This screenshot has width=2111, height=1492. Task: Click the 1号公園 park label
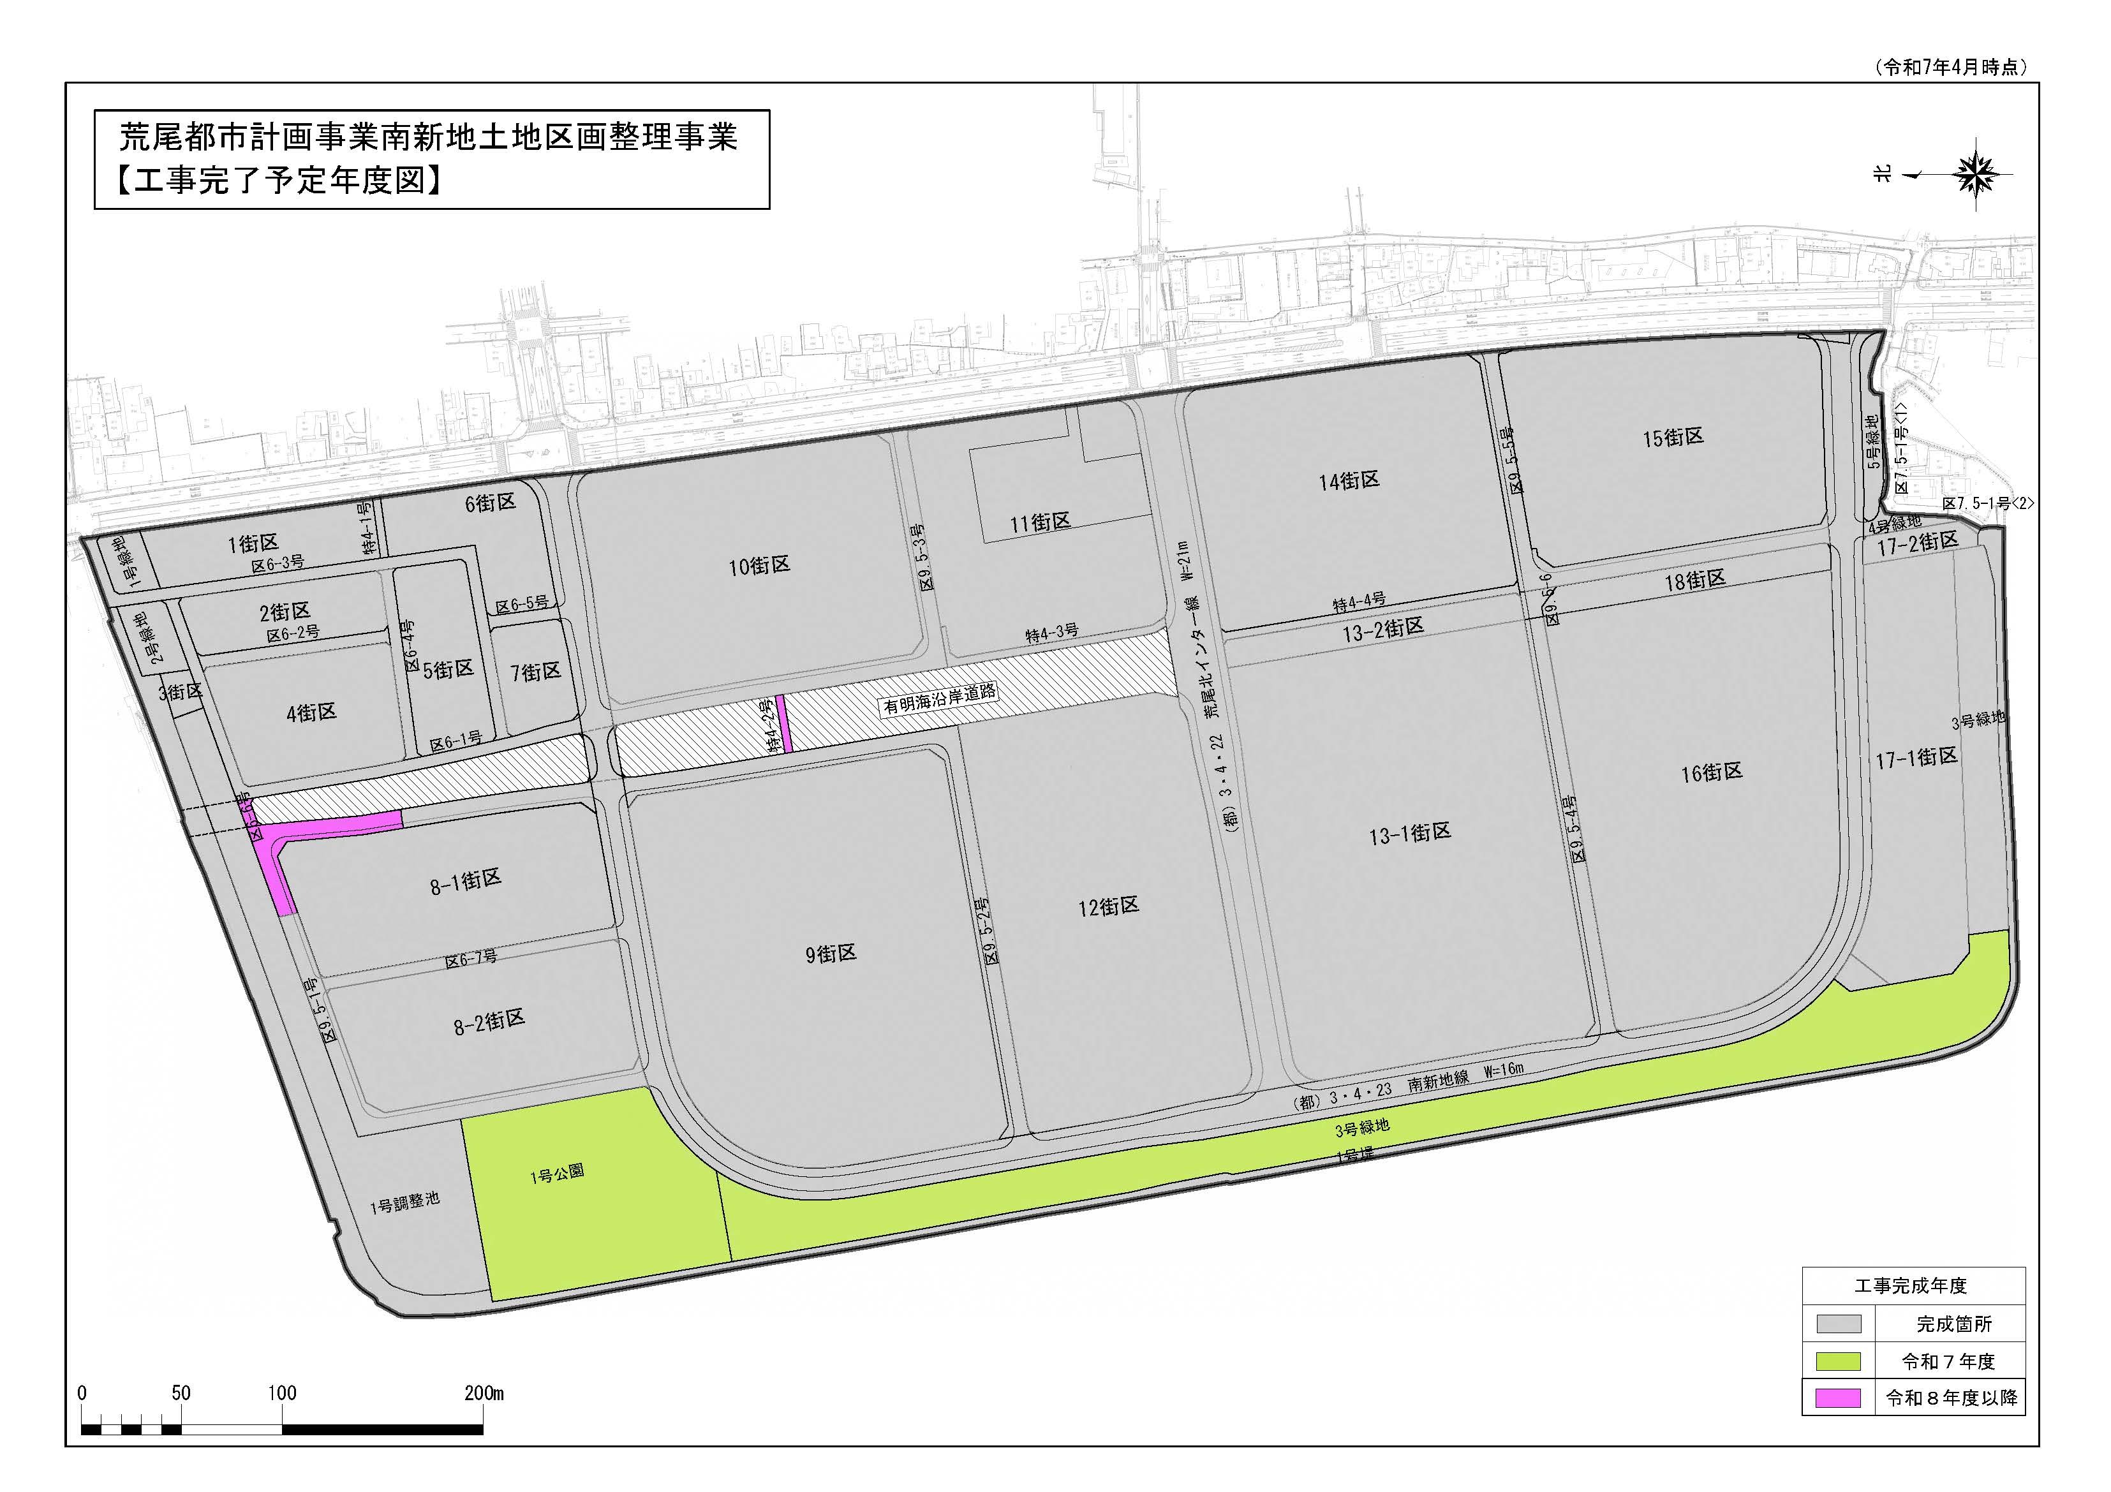pos(556,1174)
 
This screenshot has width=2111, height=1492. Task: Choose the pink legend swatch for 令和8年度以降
pos(1839,1398)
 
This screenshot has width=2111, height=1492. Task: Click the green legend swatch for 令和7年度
pos(1839,1361)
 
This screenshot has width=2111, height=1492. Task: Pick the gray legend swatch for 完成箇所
pos(1839,1324)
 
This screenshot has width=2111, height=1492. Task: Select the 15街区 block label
pos(1673,438)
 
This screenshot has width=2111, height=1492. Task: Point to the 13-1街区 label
pos(1409,834)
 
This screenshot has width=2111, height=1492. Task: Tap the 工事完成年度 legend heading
pos(1911,1286)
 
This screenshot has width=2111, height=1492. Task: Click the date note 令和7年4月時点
pos(1947,67)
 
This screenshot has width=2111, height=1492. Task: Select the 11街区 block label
pos(1040,523)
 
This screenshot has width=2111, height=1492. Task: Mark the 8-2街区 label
pos(489,1021)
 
